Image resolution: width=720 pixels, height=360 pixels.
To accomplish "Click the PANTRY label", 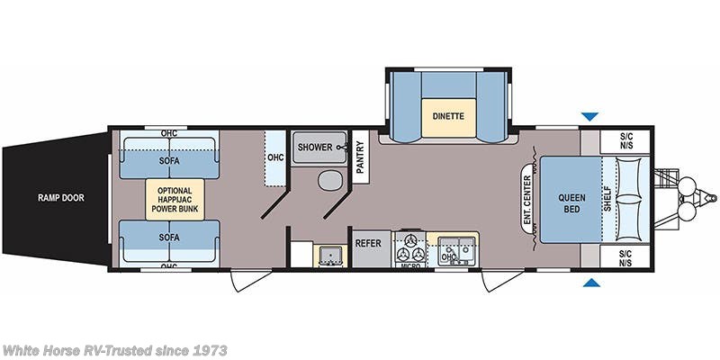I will (359, 159).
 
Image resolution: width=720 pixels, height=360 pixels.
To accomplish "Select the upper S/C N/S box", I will (627, 141).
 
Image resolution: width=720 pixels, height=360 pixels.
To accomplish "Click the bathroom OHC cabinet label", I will (275, 157).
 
